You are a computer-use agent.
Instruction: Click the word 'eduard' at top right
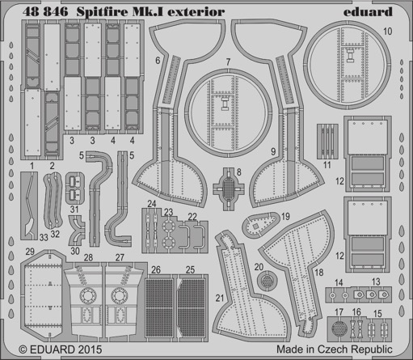click(368, 12)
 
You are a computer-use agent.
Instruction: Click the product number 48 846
click(45, 12)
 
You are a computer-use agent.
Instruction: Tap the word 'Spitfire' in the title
click(103, 12)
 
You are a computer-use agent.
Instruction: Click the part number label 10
click(387, 32)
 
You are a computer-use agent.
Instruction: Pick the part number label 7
click(228, 61)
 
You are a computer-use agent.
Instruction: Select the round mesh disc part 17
click(339, 328)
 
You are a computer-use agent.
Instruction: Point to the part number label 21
click(220, 298)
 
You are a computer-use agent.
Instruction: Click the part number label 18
click(319, 273)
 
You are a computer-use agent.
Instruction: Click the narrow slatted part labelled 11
click(327, 141)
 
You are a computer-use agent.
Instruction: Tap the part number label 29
click(30, 252)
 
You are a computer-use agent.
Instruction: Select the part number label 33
click(44, 237)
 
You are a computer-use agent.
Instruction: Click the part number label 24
click(152, 204)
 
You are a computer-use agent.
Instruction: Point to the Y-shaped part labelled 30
click(77, 230)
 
